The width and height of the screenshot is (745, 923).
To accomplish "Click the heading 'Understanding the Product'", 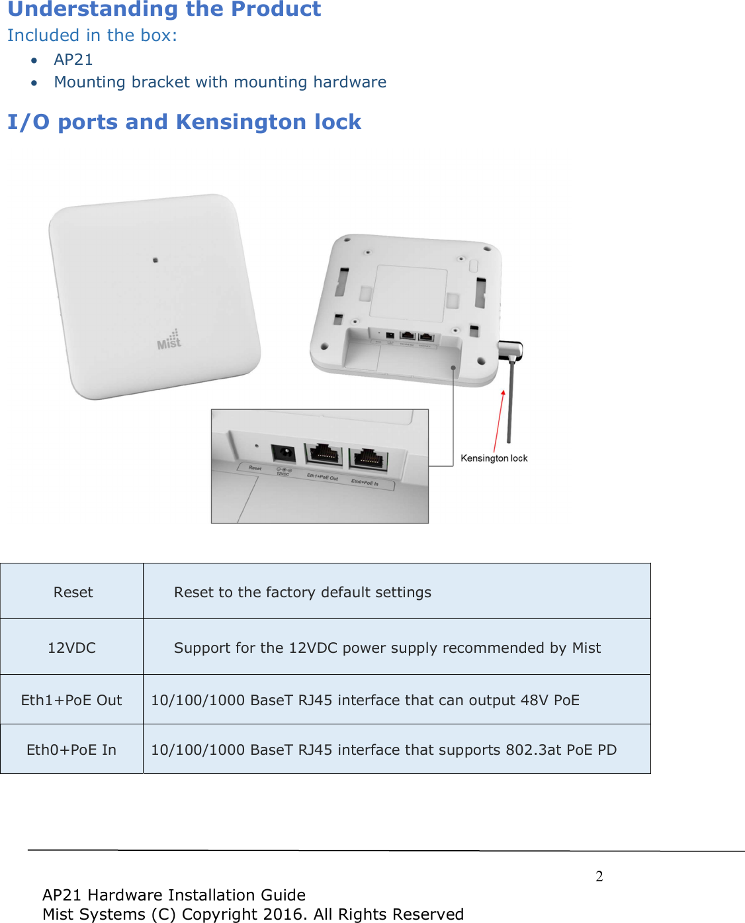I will (164, 9).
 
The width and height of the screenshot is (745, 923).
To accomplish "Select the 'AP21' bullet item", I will (73, 60).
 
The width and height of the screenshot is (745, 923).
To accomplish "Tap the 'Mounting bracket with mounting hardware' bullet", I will (220, 82).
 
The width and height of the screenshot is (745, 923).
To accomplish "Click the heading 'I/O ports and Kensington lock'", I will (184, 122).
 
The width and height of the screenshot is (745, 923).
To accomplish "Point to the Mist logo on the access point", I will (169, 340).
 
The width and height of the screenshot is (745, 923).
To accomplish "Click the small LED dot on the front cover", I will (155, 260).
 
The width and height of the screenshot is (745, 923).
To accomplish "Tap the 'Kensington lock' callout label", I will (494, 458).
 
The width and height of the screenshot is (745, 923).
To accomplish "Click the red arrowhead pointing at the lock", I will (504, 393).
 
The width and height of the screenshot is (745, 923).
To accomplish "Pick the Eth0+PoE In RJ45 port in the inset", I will (368, 458).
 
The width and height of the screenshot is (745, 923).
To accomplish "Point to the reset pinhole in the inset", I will (256, 447).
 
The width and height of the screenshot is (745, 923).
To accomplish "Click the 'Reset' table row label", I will (73, 592).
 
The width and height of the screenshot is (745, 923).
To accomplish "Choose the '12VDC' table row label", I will (71, 648).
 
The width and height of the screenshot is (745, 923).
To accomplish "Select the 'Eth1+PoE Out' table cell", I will (71, 700).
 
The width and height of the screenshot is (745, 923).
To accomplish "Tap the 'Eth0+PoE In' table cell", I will (71, 750).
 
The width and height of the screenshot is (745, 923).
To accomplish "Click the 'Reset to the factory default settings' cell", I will (302, 592).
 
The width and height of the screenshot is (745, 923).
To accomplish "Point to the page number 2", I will (599, 877).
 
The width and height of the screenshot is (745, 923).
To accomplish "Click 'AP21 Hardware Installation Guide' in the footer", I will (174, 895).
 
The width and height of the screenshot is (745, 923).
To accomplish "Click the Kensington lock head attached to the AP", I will (510, 349).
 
